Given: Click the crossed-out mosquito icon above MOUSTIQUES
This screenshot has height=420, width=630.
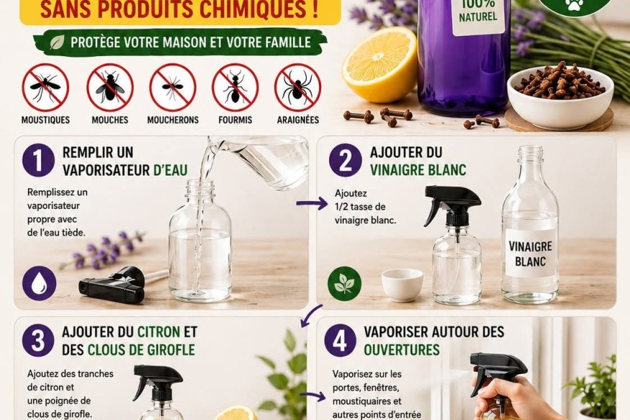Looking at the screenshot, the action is coord(45,87).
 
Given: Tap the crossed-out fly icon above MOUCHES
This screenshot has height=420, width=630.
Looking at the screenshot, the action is coord(109,87).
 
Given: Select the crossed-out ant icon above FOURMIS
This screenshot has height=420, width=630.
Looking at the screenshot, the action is coord(235,87).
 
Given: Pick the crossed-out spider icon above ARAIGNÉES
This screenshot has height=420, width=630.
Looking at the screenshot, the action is coord(298,87).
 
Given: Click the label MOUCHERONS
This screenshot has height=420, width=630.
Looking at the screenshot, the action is coord(173,120).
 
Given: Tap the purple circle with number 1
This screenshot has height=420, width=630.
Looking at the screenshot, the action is coord(38,160).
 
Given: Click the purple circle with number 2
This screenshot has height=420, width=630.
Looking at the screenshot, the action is coord(345,160).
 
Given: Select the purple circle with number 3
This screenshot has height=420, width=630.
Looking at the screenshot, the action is coord(38,341).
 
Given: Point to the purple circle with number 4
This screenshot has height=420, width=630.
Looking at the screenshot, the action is coord(340,341).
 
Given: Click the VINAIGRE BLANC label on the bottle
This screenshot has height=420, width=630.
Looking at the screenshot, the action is coord(531,253).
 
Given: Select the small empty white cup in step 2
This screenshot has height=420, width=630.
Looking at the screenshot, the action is coord(402,285).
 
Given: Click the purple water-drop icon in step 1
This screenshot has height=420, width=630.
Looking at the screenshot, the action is coord(39,283).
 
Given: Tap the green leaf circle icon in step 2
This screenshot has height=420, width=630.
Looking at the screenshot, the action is coord(344,283).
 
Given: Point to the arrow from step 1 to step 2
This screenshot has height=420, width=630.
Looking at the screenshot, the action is coord(312,203).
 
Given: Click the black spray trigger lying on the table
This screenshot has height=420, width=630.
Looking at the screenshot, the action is coord(112,285).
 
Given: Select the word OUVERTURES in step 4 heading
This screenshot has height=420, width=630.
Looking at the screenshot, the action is coord(402,349).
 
